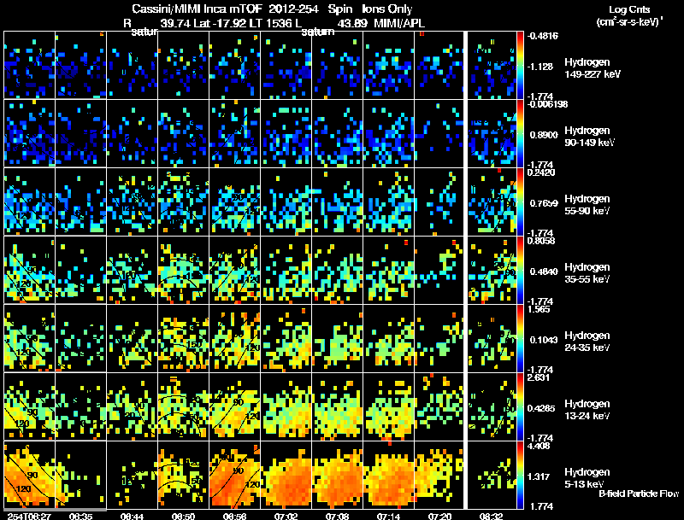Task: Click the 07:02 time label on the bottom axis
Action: click(287, 516)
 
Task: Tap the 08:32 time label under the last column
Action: click(492, 516)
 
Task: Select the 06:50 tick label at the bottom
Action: click(184, 516)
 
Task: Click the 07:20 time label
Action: click(440, 516)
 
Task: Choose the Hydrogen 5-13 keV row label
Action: click(586, 478)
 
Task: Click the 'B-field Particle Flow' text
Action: click(639, 494)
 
